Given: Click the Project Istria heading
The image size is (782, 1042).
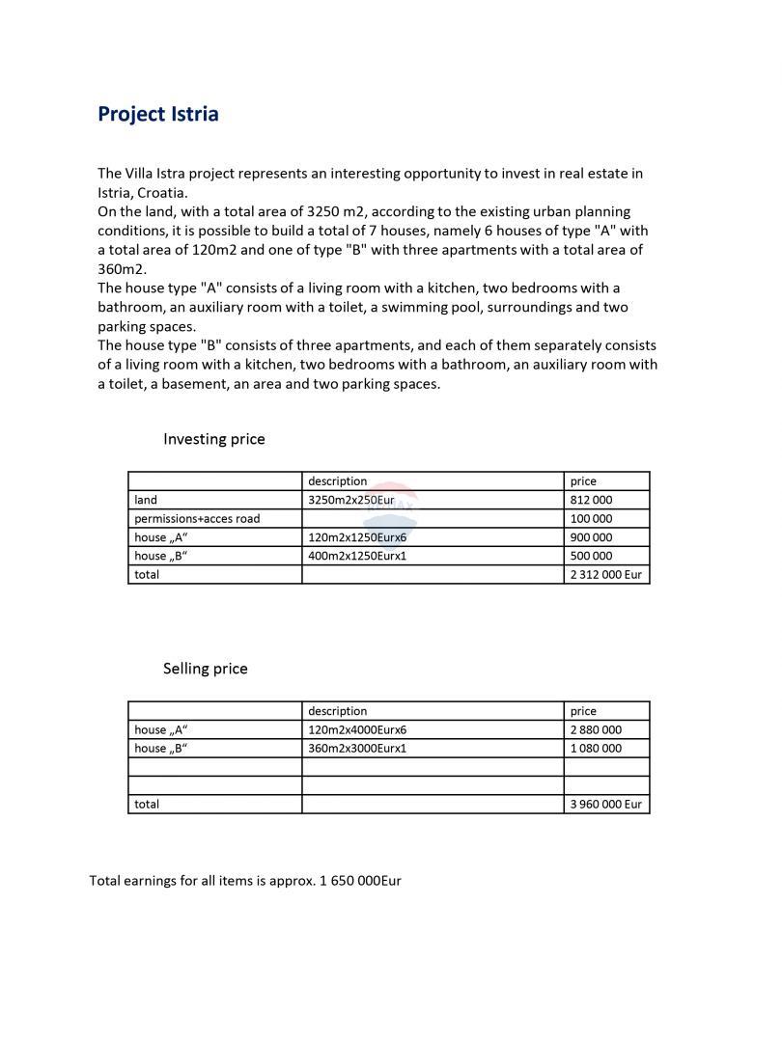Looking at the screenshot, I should pos(158,114).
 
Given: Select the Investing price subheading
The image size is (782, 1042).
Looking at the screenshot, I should pos(213,439).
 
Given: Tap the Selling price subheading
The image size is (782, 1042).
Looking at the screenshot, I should pos(205,669).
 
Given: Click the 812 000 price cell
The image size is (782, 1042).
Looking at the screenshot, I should pos(591,500).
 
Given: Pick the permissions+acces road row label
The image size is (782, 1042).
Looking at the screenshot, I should pos(197,518).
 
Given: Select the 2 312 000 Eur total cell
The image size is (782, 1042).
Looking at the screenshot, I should pos(605,574).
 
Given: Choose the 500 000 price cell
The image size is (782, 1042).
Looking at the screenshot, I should pos(591,556).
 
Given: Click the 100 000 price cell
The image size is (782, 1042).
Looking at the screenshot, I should pos(591,518).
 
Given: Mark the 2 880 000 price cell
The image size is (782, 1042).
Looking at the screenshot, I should pos(596,729).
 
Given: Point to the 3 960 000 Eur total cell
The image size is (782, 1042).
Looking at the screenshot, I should pos(605,804).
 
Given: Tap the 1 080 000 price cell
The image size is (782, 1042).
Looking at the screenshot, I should pos(596,748).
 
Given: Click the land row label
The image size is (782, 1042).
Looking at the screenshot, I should pos(146,500).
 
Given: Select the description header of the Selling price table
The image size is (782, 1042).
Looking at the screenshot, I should pos(337,711).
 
